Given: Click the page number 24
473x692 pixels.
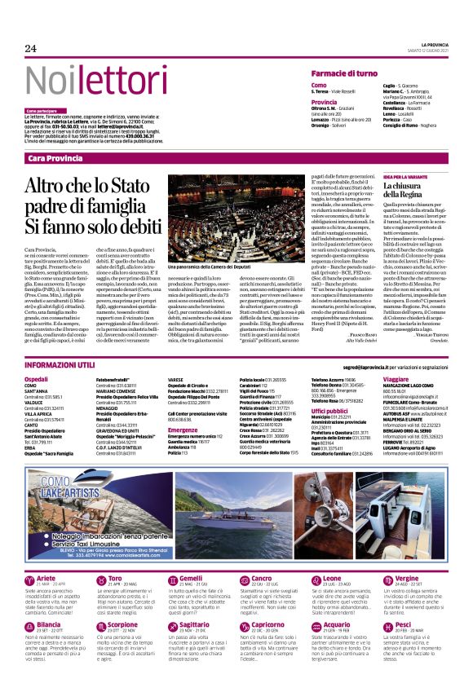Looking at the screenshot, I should [x=31, y=48].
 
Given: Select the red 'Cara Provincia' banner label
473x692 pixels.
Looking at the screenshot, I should [x=55, y=157].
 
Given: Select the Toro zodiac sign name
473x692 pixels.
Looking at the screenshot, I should [x=116, y=578].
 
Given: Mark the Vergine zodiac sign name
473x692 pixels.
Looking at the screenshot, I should [x=408, y=578].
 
